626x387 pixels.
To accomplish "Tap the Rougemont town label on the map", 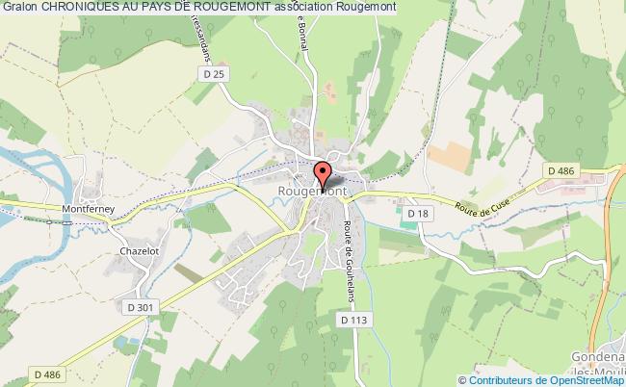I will [312, 192].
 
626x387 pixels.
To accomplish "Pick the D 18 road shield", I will [417, 213].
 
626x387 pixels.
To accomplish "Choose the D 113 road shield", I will [353, 318].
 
